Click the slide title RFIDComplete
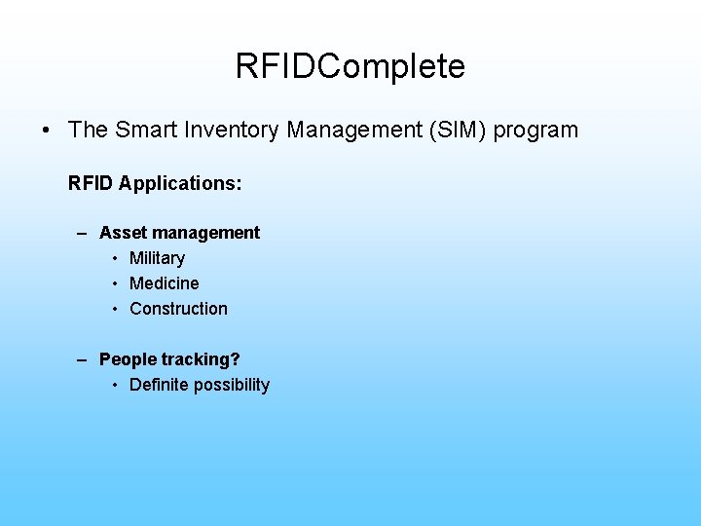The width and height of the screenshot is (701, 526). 350,66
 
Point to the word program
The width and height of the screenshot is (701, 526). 535,131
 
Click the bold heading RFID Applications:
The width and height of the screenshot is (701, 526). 155,182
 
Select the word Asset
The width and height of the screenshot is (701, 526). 122,233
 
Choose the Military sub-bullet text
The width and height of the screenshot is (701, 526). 157,258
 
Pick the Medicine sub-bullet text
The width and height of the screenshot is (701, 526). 164,283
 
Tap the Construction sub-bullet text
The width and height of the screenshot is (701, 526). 178,309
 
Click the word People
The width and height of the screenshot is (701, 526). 128,359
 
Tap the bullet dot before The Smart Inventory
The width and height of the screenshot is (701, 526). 47,131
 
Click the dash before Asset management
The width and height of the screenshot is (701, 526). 85,233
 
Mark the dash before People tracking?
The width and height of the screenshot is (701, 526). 85,359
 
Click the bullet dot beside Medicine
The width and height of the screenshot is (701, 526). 115,283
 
